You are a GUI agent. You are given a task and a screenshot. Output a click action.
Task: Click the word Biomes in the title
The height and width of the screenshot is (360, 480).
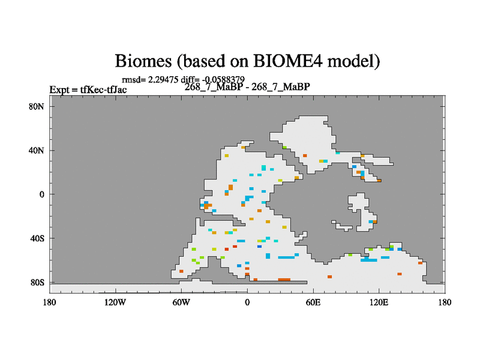click(x=143, y=61)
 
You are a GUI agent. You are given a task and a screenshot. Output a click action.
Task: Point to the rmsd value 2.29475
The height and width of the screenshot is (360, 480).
click(x=163, y=80)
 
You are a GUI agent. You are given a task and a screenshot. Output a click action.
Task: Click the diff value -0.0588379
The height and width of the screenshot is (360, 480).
click(x=223, y=80)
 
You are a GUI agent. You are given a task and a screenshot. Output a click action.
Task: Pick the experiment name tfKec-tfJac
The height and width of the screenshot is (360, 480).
click(x=103, y=89)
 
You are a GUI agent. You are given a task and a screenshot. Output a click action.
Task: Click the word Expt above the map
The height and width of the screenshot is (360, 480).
click(x=59, y=90)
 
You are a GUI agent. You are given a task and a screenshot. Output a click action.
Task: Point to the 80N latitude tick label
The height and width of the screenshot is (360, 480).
click(x=37, y=107)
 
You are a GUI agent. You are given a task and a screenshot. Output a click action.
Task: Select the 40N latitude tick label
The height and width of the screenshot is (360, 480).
click(x=37, y=151)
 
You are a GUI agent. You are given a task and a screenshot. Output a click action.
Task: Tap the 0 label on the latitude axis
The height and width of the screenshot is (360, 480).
click(x=41, y=194)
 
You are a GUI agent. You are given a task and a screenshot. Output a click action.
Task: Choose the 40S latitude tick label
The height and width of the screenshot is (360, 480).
click(x=37, y=238)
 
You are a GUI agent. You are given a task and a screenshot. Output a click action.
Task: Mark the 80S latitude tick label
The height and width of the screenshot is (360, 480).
click(x=37, y=283)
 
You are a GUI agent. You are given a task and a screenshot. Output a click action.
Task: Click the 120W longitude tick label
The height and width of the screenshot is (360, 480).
click(x=115, y=303)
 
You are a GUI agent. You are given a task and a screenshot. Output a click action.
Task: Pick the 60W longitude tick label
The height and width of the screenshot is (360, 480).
click(x=181, y=303)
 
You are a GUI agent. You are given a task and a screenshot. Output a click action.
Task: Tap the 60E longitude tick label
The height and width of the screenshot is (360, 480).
click(x=313, y=303)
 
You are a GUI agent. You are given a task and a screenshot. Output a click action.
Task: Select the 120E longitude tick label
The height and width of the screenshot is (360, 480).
click(x=379, y=303)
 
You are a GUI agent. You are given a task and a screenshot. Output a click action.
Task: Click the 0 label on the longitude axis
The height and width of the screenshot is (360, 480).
click(x=247, y=303)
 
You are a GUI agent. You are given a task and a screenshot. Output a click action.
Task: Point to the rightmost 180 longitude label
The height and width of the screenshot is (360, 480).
click(x=445, y=303)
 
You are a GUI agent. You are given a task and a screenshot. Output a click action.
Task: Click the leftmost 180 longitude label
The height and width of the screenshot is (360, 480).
click(x=49, y=303)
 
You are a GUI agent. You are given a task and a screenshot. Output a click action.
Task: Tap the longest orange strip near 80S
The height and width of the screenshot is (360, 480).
click(x=284, y=280)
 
